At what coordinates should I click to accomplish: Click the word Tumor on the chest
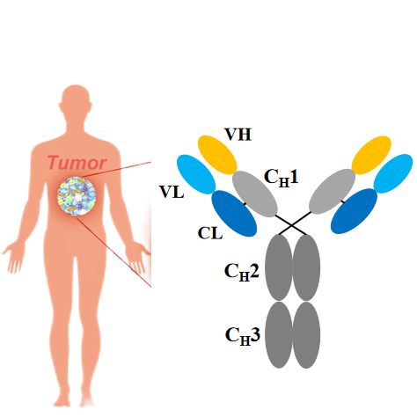(x=77, y=163)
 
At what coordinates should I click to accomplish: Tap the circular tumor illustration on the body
(x=77, y=196)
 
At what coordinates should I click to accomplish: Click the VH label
(x=238, y=135)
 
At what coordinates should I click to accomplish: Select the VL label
(x=172, y=192)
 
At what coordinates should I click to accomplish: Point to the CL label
(x=210, y=233)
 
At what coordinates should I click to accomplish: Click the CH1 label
(x=282, y=178)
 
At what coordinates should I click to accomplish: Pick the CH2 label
(x=242, y=272)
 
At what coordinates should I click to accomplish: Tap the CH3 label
(x=243, y=335)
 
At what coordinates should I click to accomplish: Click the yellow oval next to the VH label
(x=217, y=155)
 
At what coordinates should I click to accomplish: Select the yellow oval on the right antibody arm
(x=371, y=155)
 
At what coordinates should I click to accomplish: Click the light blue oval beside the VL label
(x=196, y=174)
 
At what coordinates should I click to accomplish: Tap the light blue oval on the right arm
(x=393, y=173)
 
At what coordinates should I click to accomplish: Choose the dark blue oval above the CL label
(x=234, y=213)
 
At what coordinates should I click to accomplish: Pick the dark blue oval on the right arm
(x=354, y=211)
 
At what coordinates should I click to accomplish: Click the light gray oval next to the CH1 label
(x=255, y=194)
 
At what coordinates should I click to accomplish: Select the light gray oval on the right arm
(x=333, y=192)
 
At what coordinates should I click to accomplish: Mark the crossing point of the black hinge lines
(x=291, y=225)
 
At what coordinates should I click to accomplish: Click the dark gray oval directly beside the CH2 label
(x=279, y=267)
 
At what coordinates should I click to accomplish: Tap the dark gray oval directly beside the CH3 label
(x=279, y=335)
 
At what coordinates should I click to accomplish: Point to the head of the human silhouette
(x=76, y=100)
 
